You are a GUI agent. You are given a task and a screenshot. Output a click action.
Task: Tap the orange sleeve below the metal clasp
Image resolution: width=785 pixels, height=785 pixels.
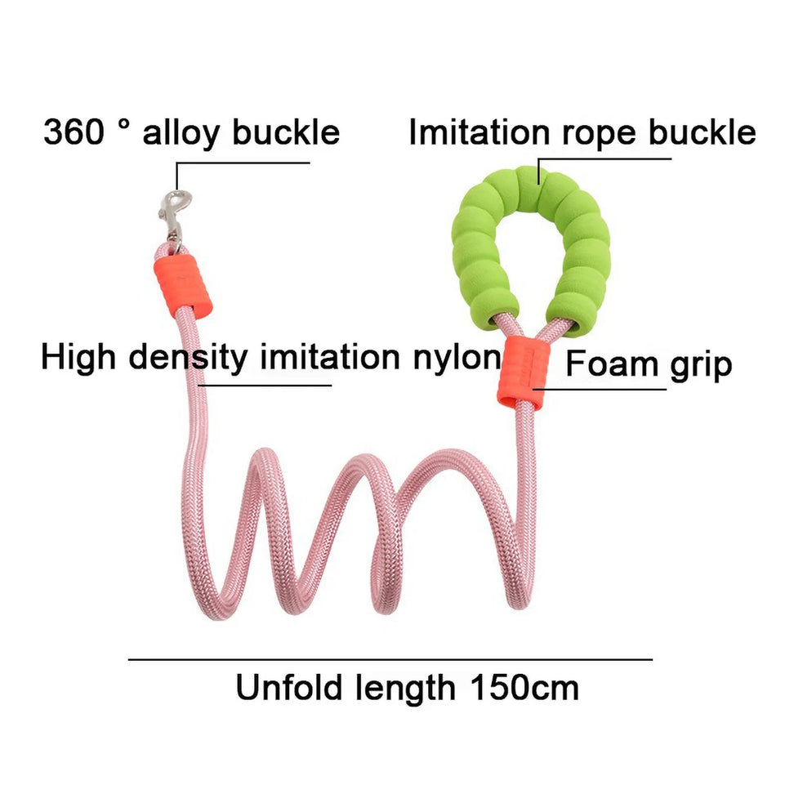pos(183,285)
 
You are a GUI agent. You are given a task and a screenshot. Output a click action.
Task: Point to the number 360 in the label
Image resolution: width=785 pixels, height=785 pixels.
pos(74,132)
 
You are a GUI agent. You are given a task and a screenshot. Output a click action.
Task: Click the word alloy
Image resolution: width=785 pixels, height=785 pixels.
pos(181,133)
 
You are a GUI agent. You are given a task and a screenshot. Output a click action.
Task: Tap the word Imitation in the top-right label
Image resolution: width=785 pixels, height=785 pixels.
pos(479,132)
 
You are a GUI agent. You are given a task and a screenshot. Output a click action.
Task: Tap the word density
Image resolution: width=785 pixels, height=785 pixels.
pos(188,358)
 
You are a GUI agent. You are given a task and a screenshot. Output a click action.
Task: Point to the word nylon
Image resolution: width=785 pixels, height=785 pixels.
pos(457,359)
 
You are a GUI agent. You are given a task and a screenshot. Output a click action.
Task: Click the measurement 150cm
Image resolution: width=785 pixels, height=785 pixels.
pos(524,687)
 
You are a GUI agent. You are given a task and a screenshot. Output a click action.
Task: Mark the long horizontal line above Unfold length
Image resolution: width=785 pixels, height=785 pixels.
pos(390,659)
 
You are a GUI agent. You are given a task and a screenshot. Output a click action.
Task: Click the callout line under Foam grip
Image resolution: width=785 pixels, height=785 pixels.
pos(600,389)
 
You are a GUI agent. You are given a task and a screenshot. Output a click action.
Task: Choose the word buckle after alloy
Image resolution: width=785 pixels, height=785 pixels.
pos(286,132)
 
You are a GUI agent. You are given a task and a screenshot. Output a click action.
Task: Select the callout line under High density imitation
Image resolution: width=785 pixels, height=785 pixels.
pos(265,385)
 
